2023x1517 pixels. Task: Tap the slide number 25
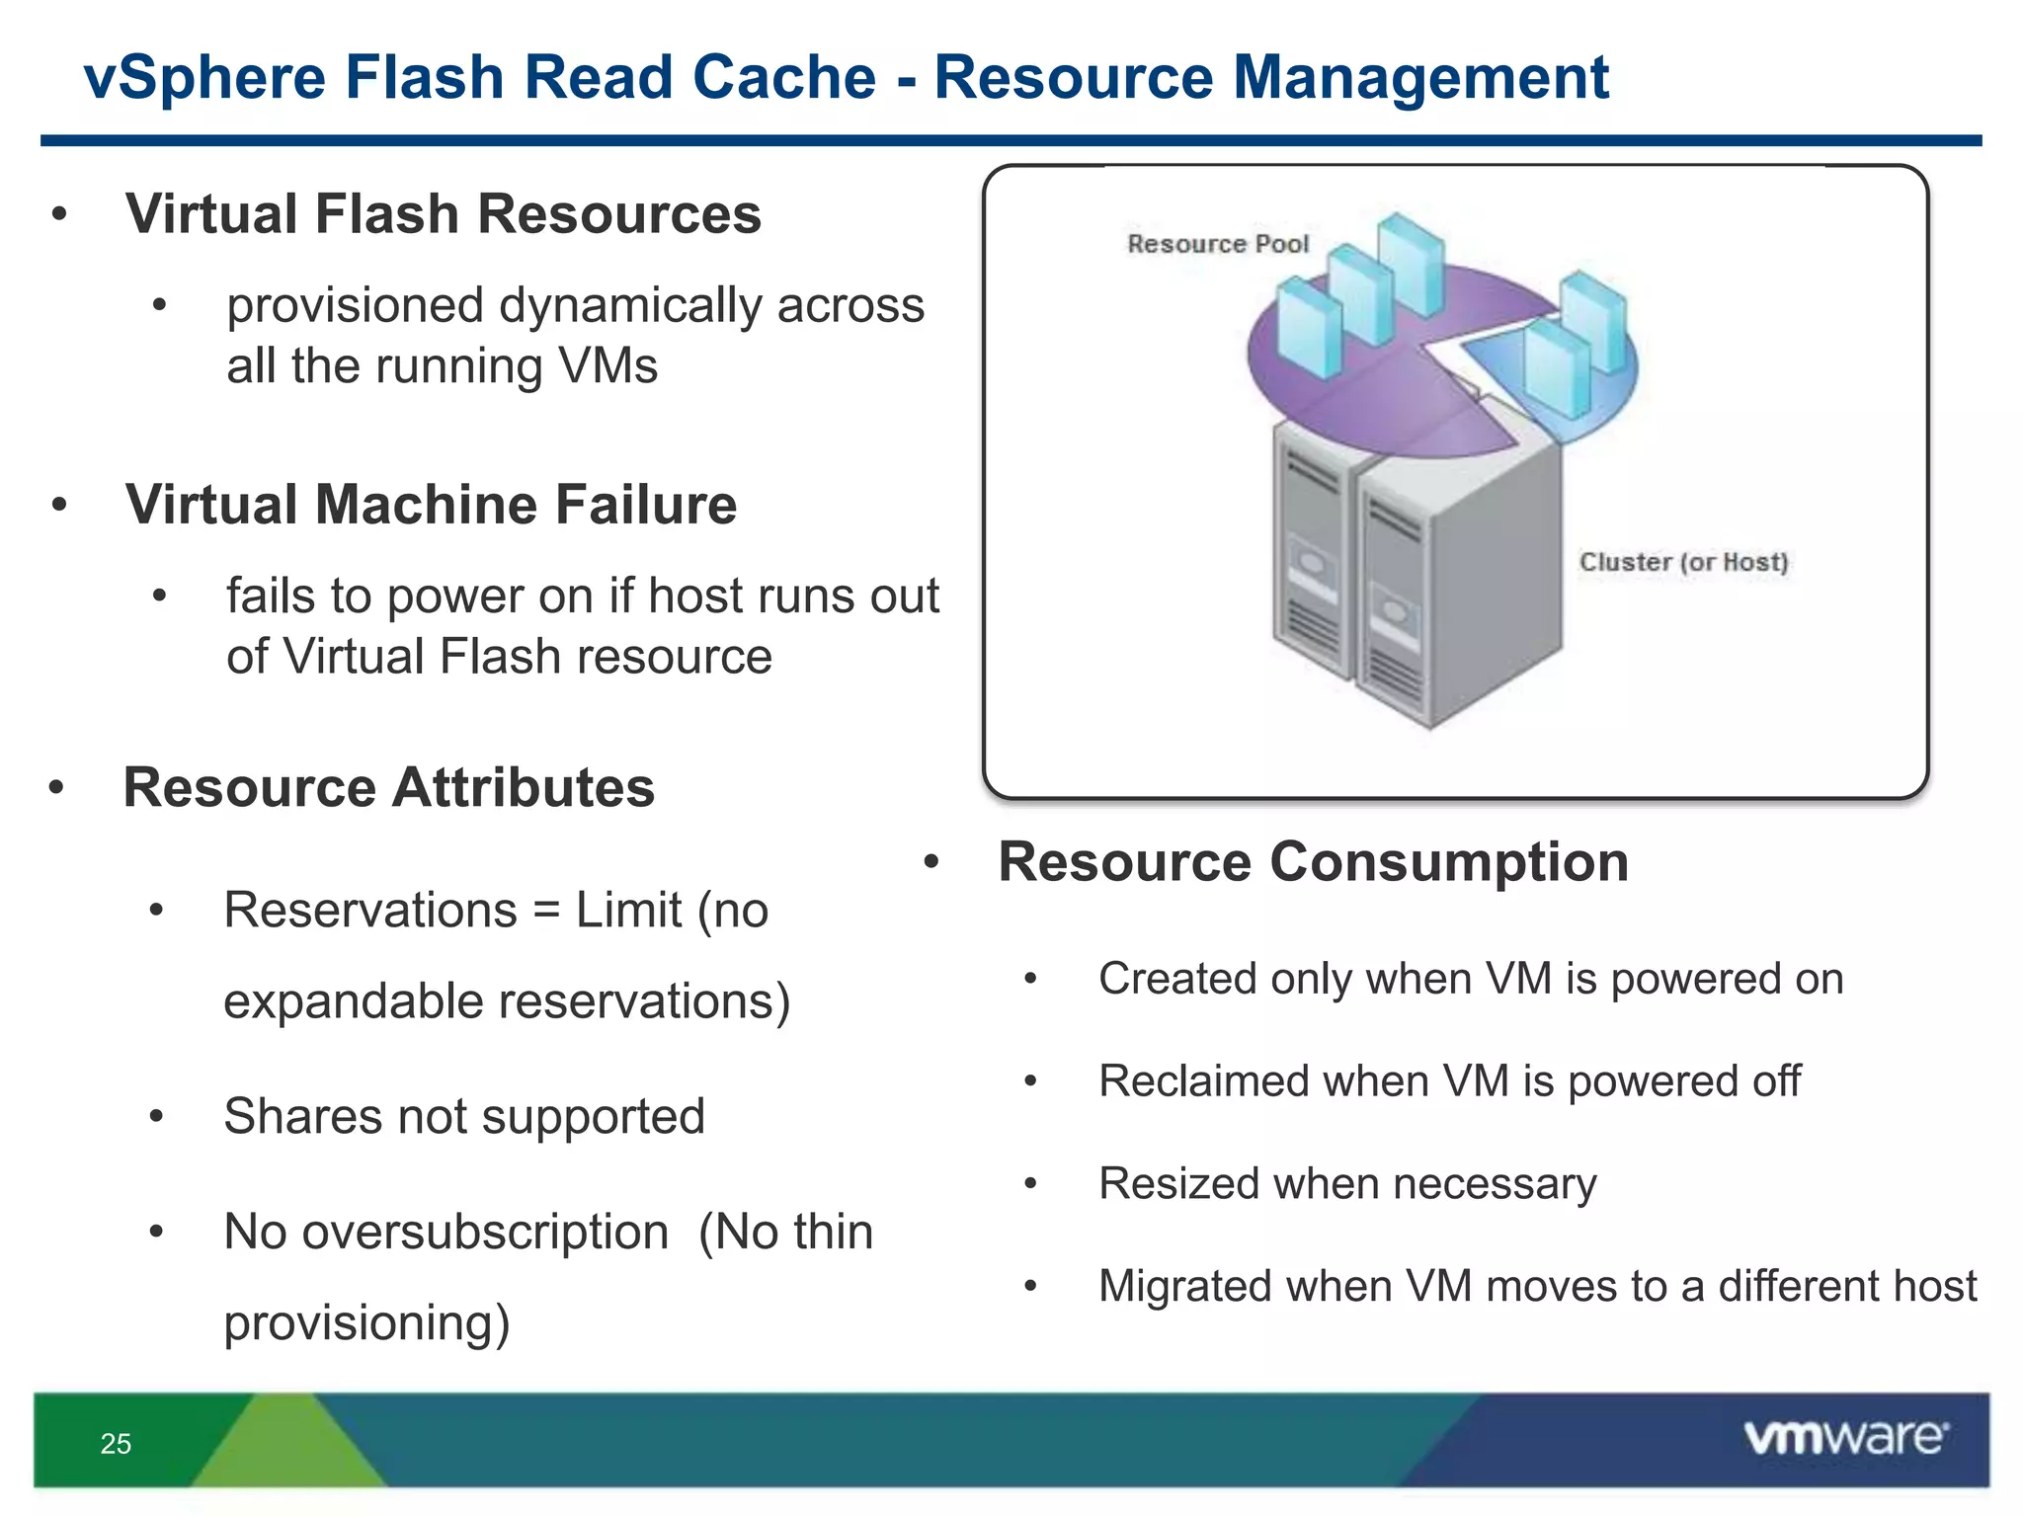click(x=116, y=1444)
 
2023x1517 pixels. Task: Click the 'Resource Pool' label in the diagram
click(x=1217, y=244)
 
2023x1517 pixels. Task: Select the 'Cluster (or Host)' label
click(x=1683, y=562)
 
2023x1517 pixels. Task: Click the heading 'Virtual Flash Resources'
click(x=444, y=213)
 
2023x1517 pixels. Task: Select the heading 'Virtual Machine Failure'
click(x=431, y=504)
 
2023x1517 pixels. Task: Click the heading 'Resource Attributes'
click(x=389, y=787)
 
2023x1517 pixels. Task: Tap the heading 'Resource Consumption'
click(x=1313, y=861)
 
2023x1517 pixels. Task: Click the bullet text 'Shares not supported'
click(x=464, y=1116)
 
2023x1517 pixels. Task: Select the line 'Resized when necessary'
click(x=1347, y=1183)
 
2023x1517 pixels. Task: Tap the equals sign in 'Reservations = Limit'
click(x=546, y=911)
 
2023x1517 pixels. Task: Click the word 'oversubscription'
click(x=485, y=1232)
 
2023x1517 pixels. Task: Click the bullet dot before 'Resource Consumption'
click(x=931, y=863)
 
